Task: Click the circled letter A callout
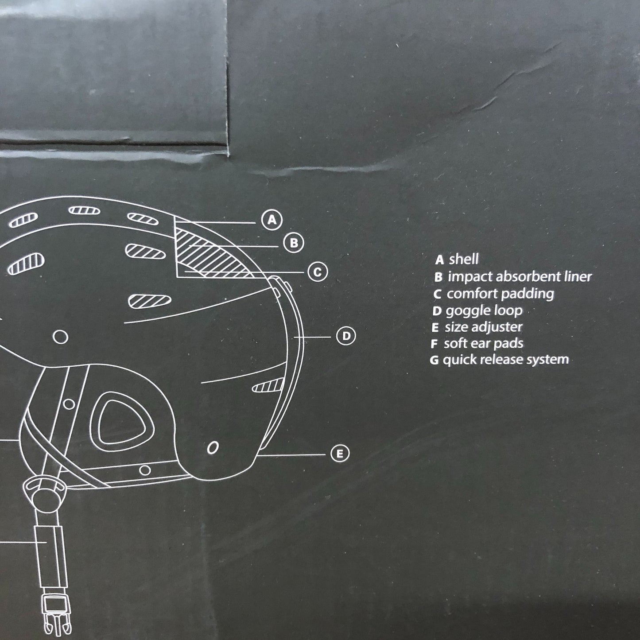(272, 220)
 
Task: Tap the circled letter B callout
(294, 243)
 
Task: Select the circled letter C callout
(318, 272)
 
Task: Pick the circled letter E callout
(340, 454)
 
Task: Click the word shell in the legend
(464, 259)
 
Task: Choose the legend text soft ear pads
(483, 343)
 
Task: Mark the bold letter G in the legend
(434, 360)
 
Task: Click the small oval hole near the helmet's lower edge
(213, 448)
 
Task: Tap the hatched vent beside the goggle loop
(268, 386)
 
